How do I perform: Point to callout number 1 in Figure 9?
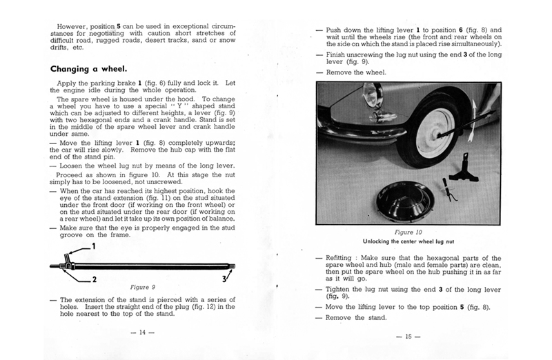pos(93,246)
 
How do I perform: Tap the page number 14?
pos(144,332)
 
